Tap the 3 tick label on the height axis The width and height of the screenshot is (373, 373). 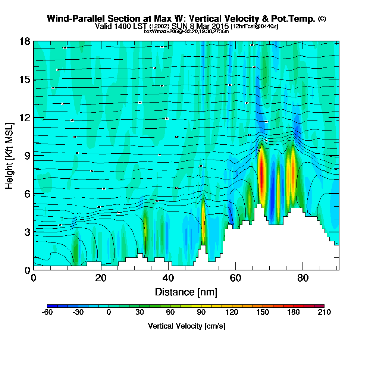click(x=27, y=232)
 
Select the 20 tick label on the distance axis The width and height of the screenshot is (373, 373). click(x=101, y=278)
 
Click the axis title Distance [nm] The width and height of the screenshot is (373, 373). click(x=186, y=292)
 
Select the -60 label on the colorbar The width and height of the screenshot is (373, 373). click(x=47, y=313)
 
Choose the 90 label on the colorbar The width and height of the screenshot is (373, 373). click(x=201, y=313)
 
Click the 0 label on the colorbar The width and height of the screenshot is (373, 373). click(x=109, y=313)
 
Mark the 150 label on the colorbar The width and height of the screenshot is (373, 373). click(x=263, y=313)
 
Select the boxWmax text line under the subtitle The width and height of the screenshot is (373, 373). click(x=186, y=31)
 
